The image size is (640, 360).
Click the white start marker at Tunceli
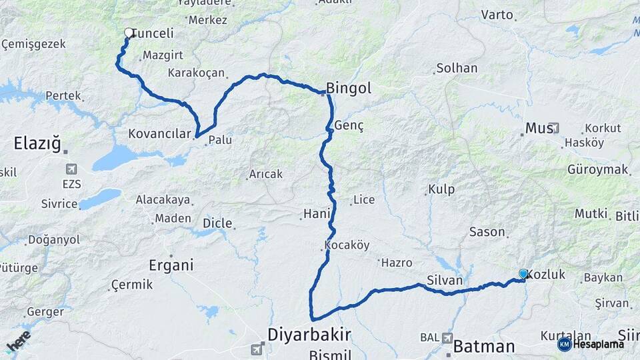coord(129,32)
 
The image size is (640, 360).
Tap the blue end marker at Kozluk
coord(523,274)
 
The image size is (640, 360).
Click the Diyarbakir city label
coord(309,333)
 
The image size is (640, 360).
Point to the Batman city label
coord(484,347)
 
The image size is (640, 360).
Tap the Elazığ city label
coord(37,143)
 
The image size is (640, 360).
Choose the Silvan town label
coord(445,281)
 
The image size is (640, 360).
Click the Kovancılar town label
coord(159,134)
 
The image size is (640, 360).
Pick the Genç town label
coord(349,126)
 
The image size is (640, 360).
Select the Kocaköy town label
coord(347,245)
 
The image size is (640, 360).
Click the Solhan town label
coord(457,68)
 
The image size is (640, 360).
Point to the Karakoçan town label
coord(197,73)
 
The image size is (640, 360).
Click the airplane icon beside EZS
coord(71,169)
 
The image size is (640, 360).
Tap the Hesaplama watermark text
coord(598,344)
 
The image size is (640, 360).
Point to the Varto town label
coord(497,15)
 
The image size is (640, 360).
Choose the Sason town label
coord(487,232)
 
